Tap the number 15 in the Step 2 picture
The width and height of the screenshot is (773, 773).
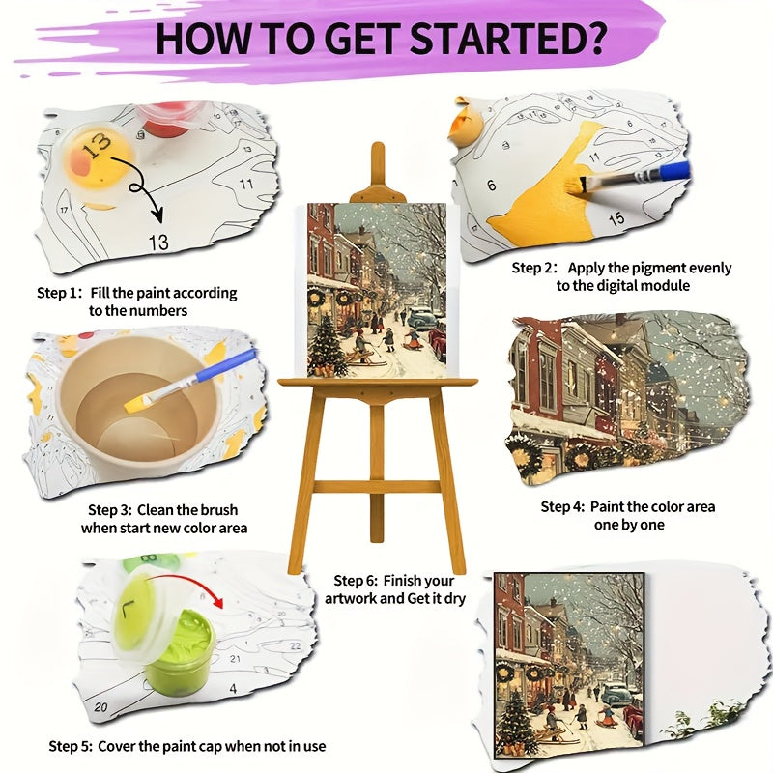pyautogui.click(x=616, y=218)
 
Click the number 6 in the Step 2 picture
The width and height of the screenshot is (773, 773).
pyautogui.click(x=492, y=185)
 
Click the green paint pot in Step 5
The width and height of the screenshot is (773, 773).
pyautogui.click(x=185, y=638)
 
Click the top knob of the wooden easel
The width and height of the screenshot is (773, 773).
pyautogui.click(x=378, y=155)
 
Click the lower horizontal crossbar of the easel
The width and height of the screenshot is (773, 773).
pyautogui.click(x=378, y=486)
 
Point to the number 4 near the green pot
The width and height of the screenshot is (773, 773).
pyautogui.click(x=233, y=688)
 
